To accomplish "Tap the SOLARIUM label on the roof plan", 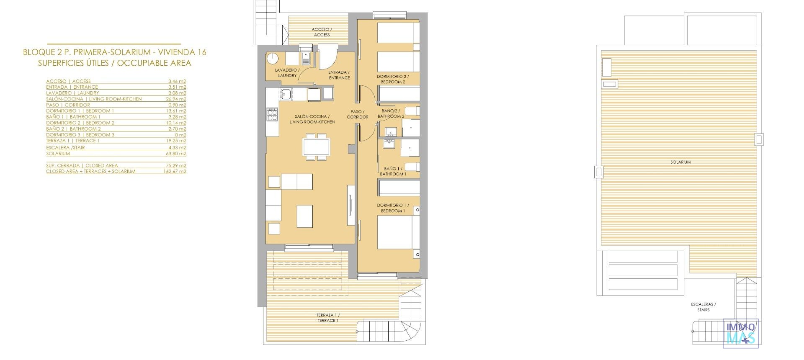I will [680, 162].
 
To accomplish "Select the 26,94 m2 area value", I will [177, 99].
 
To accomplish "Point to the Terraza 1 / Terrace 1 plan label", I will [328, 318].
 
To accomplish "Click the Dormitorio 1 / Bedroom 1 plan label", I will [393, 208].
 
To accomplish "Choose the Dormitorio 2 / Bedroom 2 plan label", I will [393, 79].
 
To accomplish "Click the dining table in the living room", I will [316, 147].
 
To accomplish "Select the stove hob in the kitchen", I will [272, 114].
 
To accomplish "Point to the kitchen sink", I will [286, 94].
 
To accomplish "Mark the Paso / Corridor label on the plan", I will [358, 114].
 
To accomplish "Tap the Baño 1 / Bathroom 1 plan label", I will [393, 171].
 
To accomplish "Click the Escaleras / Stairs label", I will [703, 307].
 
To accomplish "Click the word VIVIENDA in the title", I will [176, 52].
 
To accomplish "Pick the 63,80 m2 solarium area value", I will [177, 154].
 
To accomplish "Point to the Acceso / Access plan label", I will [322, 32].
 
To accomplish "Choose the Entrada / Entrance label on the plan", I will [339, 75].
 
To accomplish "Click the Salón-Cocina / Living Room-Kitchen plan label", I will [312, 119].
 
